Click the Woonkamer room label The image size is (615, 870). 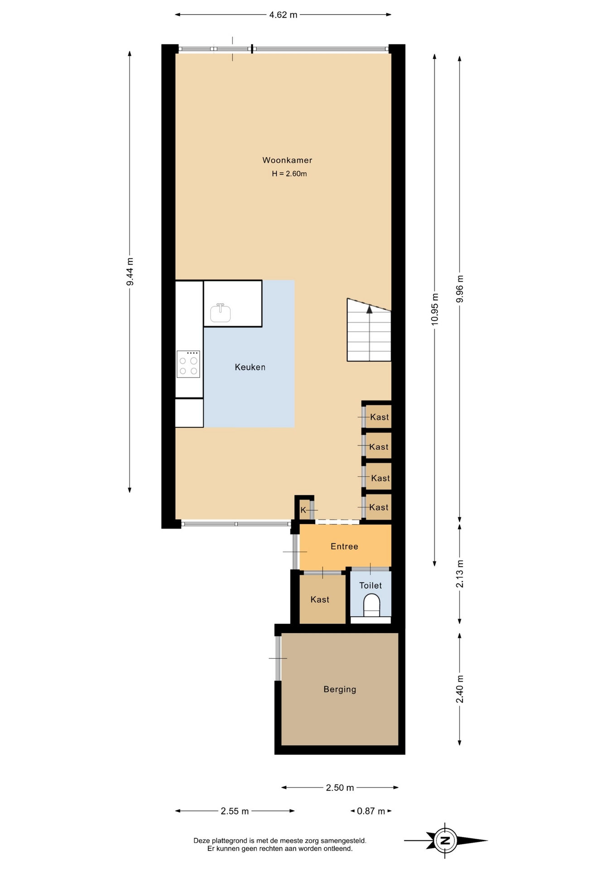[287, 160]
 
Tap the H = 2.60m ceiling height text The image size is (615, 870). [289, 174]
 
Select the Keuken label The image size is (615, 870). [250, 367]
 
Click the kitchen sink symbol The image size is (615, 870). [221, 313]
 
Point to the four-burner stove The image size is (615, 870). [188, 364]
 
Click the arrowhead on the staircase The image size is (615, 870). [370, 309]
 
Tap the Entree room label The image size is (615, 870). [344, 546]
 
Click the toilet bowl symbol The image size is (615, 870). [372, 605]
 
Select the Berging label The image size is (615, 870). [340, 689]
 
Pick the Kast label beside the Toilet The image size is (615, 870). [320, 599]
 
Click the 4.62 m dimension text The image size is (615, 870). [283, 14]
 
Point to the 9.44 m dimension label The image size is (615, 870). [130, 271]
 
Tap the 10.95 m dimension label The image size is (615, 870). [435, 309]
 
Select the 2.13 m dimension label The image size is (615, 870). [460, 574]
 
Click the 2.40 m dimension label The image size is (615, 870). [460, 689]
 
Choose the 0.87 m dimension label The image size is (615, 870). [371, 811]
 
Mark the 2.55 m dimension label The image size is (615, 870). [235, 811]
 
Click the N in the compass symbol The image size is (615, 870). [445, 841]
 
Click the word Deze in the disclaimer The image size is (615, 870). [202, 841]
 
